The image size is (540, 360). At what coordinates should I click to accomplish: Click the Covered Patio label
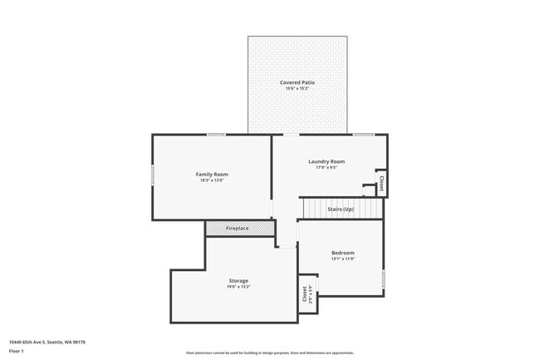click(297, 82)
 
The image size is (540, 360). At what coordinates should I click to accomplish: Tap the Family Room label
click(212, 174)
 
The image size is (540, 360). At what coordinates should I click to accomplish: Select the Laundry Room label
click(326, 161)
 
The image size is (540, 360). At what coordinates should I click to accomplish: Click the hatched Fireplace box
click(238, 228)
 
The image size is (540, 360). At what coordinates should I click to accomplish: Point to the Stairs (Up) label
click(341, 209)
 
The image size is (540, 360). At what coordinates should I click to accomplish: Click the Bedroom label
click(343, 253)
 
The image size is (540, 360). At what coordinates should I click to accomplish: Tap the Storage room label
click(238, 280)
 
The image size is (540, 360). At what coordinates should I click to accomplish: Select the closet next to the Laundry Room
click(381, 183)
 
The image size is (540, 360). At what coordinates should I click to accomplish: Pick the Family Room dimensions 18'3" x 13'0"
click(212, 180)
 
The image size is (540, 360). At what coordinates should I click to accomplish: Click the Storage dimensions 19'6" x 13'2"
click(238, 287)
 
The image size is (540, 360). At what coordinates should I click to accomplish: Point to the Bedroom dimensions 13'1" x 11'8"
click(343, 259)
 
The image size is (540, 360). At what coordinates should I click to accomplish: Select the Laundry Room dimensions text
click(326, 167)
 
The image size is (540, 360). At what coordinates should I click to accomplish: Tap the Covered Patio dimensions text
click(297, 88)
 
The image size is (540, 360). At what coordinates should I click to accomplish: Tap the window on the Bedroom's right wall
click(384, 279)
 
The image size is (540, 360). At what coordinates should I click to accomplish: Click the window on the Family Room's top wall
click(216, 135)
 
